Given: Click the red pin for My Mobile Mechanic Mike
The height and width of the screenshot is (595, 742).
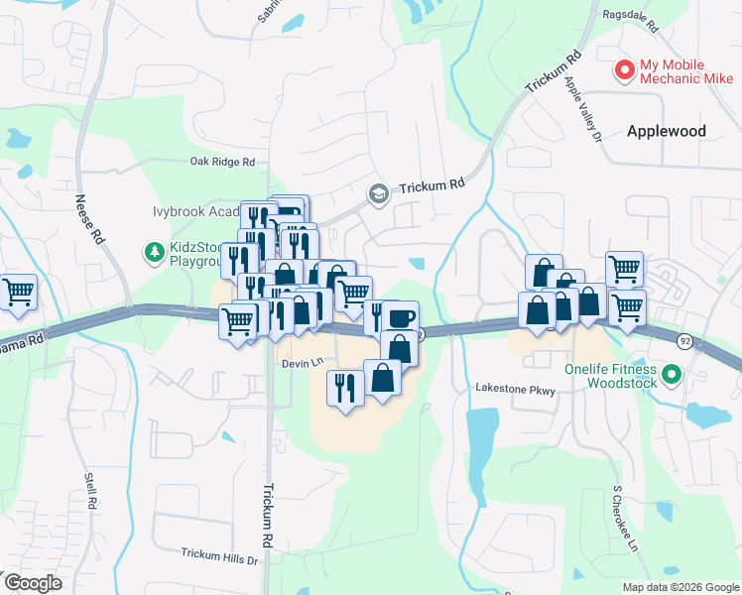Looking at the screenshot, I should tap(625, 70).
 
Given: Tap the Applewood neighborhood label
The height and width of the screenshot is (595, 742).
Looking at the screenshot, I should tap(666, 131).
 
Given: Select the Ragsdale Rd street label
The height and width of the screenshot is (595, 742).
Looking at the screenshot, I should tap(631, 15).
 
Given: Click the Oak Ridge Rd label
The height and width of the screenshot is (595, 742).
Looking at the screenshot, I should tap(223, 162).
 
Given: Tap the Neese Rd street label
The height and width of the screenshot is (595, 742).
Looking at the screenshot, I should tap(88, 218).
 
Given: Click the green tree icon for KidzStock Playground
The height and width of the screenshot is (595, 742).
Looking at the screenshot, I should tap(154, 254).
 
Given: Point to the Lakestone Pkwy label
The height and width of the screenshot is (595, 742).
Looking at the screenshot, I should tap(515, 390).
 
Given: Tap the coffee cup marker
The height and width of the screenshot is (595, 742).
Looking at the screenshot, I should tap(401, 318).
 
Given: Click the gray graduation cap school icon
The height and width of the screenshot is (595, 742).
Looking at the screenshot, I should tap(377, 193).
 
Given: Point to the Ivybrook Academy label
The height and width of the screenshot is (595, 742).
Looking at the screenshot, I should tap(193, 212).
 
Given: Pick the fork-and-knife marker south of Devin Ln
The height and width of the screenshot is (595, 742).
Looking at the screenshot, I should tap(344, 385).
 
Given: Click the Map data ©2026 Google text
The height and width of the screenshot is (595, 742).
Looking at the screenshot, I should tap(680, 587).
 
